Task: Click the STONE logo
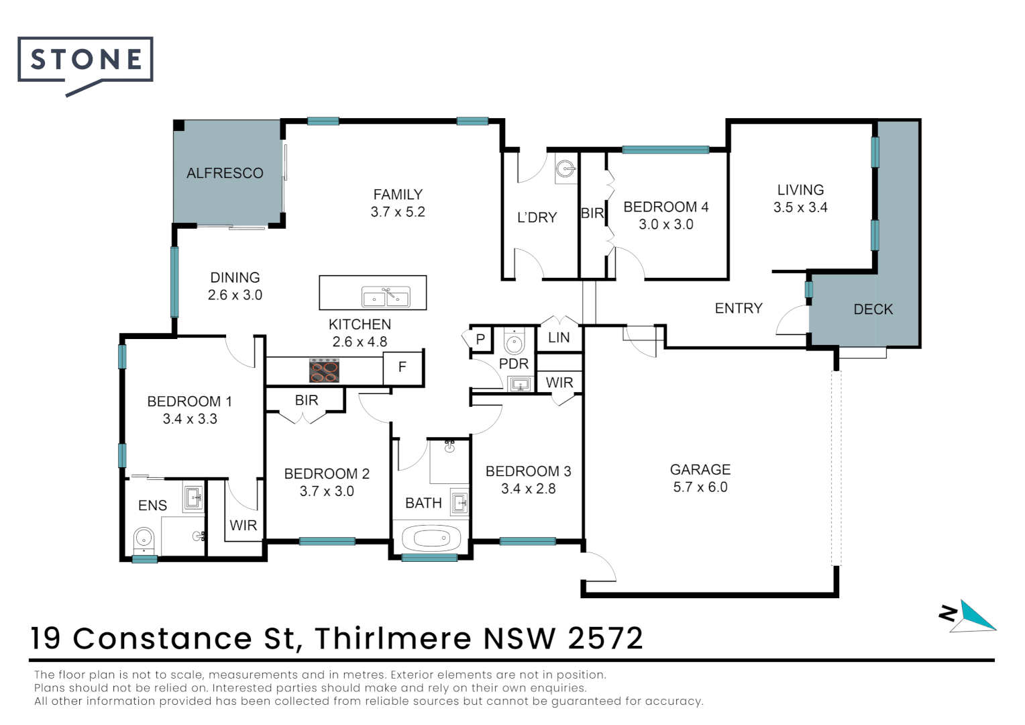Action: pyautogui.click(x=85, y=61)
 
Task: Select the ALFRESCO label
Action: pyautogui.click(x=225, y=173)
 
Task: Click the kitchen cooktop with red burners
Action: pyautogui.click(x=324, y=371)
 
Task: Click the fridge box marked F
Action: pyautogui.click(x=402, y=367)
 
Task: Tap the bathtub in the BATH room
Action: pyautogui.click(x=430, y=538)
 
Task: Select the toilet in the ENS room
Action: pyautogui.click(x=144, y=538)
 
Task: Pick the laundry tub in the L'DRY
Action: pyautogui.click(x=566, y=169)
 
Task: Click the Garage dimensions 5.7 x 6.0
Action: pyautogui.click(x=700, y=487)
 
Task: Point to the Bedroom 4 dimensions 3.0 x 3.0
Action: pyautogui.click(x=665, y=224)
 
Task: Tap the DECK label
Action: pyautogui.click(x=873, y=309)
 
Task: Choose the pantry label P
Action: pyautogui.click(x=480, y=339)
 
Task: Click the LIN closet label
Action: pyautogui.click(x=559, y=338)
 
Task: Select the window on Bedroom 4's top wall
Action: pyautogui.click(x=665, y=150)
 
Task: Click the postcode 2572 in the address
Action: pyautogui.click(x=605, y=638)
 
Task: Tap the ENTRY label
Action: pyautogui.click(x=739, y=308)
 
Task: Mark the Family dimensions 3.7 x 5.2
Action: pyautogui.click(x=398, y=212)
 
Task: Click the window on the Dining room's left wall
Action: pyautogui.click(x=174, y=281)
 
